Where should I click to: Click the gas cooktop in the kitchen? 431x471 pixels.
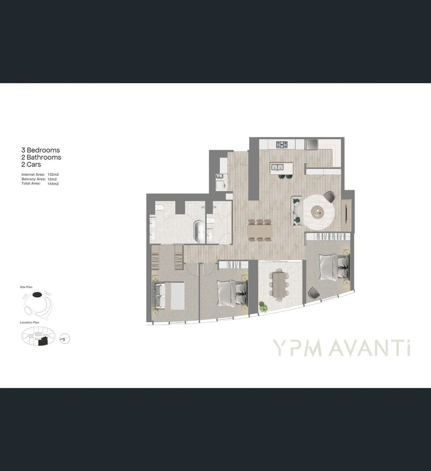coord(282,144)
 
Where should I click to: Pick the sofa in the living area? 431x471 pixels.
coord(297,212)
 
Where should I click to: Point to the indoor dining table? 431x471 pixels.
coord(260,230)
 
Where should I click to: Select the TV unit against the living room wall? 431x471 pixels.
coord(346,213)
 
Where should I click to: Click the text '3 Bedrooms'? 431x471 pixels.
coord(41,150)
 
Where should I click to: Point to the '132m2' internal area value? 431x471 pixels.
coord(53,174)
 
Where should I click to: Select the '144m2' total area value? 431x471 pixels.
coord(53,184)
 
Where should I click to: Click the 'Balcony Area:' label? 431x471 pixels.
coord(34,179)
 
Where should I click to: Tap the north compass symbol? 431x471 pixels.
coord(64,338)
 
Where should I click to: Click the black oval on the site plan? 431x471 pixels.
coord(37,294)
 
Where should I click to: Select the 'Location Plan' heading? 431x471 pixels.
coord(30,323)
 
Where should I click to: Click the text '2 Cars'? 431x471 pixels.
coord(31,164)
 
